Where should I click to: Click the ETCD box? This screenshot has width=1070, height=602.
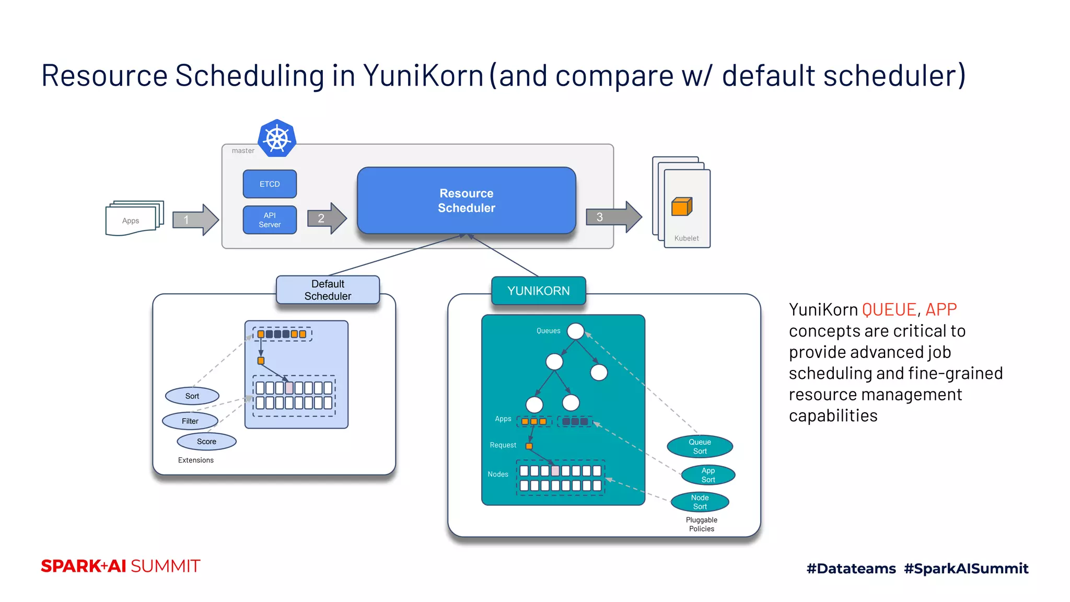point(270,184)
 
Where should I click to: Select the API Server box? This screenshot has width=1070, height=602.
point(270,220)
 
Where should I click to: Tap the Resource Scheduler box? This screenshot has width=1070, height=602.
point(466,201)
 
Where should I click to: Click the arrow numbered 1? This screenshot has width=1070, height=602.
point(195,220)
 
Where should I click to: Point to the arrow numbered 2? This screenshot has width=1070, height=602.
point(327,218)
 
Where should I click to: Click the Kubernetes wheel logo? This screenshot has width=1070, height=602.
point(277,138)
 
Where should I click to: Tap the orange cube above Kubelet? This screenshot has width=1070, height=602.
point(681,207)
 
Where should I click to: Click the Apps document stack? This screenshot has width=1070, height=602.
point(134,219)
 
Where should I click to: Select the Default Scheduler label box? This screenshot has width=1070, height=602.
point(328,290)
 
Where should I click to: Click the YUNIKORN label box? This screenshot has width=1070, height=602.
point(538,291)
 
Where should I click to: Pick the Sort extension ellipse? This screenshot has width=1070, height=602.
point(192,396)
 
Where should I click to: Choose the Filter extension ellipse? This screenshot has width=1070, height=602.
point(190,421)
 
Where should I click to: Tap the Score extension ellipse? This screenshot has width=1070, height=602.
point(206,442)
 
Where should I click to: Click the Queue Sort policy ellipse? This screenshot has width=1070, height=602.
point(700,446)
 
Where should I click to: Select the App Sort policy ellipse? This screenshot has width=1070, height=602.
point(708,475)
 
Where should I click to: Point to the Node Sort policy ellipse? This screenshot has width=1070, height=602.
point(700,502)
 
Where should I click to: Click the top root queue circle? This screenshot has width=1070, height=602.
point(575,331)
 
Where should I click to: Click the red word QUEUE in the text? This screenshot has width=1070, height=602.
point(889,310)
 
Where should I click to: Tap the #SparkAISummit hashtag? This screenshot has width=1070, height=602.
point(966,569)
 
